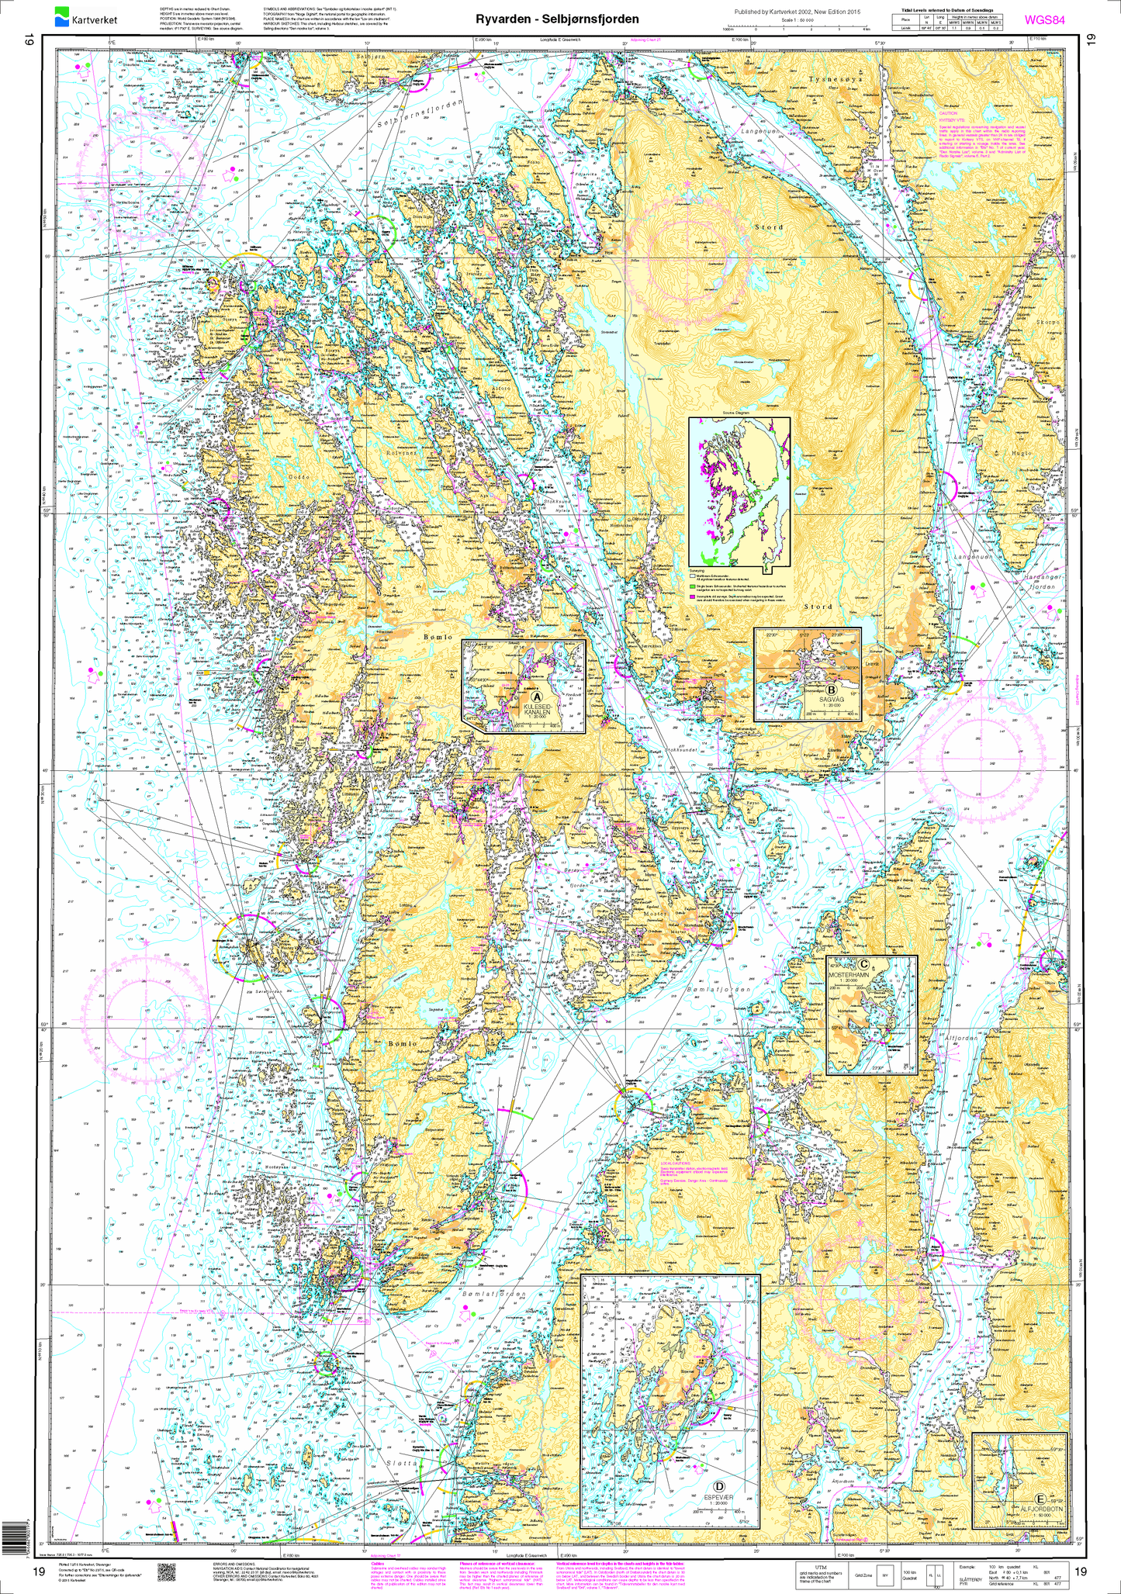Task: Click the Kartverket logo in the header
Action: click(81, 16)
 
